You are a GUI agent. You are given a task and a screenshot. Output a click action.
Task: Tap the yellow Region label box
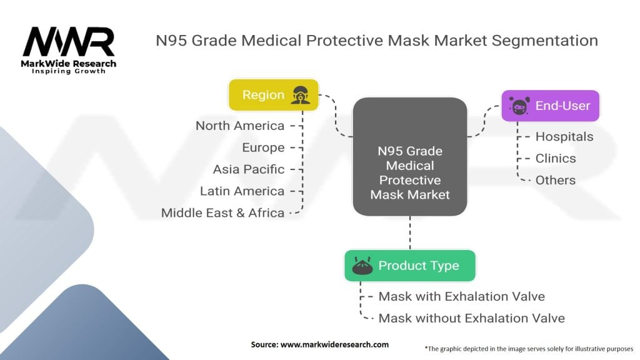tap(273, 95)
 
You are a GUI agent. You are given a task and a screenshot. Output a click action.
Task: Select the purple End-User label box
tap(550, 106)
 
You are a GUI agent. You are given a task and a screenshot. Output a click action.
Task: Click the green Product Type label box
tap(409, 266)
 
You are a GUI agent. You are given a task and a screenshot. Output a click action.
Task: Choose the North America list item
tap(239, 126)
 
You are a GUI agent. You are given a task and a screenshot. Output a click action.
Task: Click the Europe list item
tap(263, 147)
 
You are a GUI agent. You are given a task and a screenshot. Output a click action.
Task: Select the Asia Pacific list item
tap(248, 169)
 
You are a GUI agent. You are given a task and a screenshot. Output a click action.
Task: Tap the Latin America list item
tap(242, 191)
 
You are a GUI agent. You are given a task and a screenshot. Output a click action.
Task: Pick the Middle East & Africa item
tap(222, 212)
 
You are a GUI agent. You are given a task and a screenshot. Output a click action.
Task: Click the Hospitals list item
tap(564, 136)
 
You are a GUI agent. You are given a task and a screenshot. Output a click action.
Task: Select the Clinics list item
tap(556, 158)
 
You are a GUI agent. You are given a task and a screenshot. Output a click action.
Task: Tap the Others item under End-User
tap(556, 180)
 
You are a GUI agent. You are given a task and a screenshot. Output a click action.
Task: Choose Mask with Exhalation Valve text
tap(461, 296)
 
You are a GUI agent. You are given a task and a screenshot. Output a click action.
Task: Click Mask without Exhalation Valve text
tap(471, 318)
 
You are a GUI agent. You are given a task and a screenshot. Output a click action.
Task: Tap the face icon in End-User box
tap(518, 106)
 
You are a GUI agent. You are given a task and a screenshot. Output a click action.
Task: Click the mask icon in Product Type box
tap(362, 266)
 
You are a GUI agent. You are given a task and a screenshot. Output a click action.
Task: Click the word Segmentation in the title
tap(544, 41)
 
